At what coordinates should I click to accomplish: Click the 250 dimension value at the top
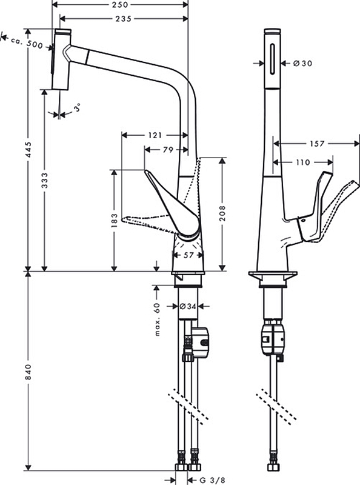click(120, 5)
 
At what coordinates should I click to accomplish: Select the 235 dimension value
click(124, 19)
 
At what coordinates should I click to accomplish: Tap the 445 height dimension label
click(28, 150)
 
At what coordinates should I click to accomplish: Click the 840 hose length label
click(28, 372)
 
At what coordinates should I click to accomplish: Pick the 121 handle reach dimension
click(155, 135)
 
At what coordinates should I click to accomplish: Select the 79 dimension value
click(168, 150)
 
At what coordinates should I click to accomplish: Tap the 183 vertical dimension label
click(115, 220)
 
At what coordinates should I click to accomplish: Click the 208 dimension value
click(222, 213)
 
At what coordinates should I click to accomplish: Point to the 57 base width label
click(188, 255)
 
